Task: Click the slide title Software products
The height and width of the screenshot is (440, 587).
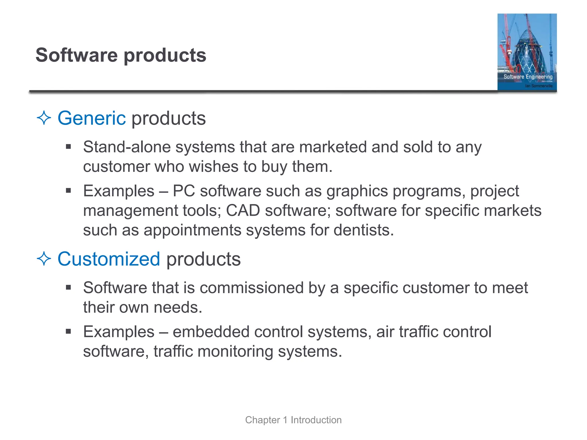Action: pos(121,55)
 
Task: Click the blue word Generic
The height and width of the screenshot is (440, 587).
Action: pos(91,118)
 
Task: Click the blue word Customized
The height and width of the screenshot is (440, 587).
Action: pos(109,259)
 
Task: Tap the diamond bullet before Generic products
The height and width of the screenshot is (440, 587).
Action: pos(44,118)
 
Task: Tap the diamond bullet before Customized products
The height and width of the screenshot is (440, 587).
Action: pos(44,259)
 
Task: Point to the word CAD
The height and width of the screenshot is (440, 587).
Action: pos(243,211)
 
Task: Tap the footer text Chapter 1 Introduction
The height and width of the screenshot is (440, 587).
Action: pos(293,420)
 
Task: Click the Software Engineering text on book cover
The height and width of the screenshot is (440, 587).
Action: pos(528,77)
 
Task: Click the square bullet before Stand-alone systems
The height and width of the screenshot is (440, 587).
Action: pos(68,147)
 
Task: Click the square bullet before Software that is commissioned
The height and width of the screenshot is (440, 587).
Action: pos(68,288)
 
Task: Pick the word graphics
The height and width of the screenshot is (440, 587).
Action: pos(357,191)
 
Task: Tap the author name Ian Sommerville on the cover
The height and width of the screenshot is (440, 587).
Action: pos(539,86)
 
